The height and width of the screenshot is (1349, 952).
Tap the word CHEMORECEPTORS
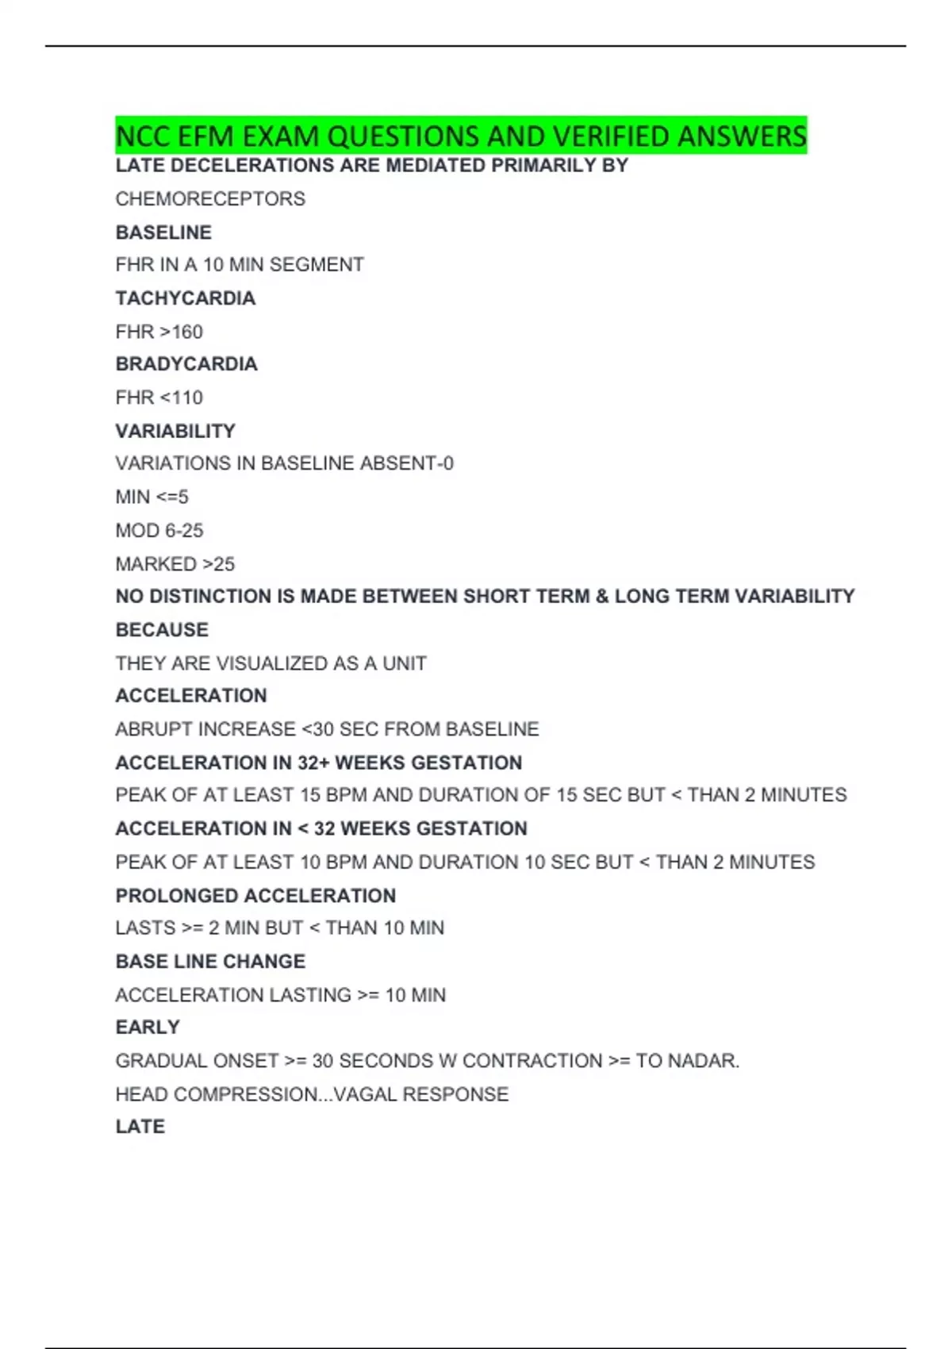tap(210, 199)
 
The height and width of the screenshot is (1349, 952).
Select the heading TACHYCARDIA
tap(186, 298)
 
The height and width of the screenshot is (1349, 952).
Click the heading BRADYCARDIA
tap(186, 364)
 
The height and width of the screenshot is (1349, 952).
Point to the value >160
tap(182, 332)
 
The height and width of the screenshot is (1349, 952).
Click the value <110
tap(182, 398)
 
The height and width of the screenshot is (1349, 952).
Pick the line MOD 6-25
tap(159, 530)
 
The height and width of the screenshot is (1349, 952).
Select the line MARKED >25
tap(175, 564)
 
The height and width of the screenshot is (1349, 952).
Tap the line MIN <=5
tap(152, 497)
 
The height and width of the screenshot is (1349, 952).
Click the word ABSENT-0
tap(407, 463)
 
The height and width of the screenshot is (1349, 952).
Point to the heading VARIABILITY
tap(175, 431)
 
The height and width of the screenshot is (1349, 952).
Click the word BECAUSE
tap(162, 630)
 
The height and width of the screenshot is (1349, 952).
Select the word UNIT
tap(405, 663)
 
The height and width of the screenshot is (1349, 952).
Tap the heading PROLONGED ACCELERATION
tap(255, 896)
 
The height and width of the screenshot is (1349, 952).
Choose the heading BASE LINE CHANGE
tap(210, 962)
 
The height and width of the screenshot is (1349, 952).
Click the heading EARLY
tap(148, 1028)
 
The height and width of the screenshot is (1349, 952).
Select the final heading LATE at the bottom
tap(140, 1127)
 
